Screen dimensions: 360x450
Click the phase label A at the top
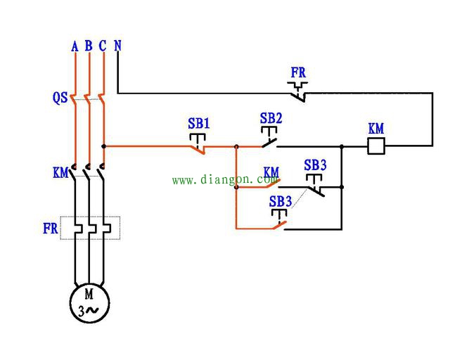pos(75,46)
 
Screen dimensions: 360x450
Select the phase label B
pos(89,46)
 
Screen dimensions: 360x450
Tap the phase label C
pos(103,46)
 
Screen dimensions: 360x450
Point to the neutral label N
pos(117,46)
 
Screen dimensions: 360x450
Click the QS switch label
pos(60,98)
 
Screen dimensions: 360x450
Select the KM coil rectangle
pos(376,146)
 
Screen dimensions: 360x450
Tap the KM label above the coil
pos(376,129)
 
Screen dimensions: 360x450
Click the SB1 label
pos(199,123)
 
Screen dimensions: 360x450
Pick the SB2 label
pos(271,118)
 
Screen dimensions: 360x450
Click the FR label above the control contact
pos(298,72)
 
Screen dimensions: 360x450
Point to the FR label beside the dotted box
pos(50,229)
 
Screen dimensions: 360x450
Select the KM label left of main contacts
pos(60,172)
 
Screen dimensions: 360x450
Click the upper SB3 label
pos(315,165)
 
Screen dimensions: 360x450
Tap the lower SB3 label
pos(281,201)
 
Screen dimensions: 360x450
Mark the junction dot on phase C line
pos(103,146)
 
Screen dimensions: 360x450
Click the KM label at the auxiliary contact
pos(271,172)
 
